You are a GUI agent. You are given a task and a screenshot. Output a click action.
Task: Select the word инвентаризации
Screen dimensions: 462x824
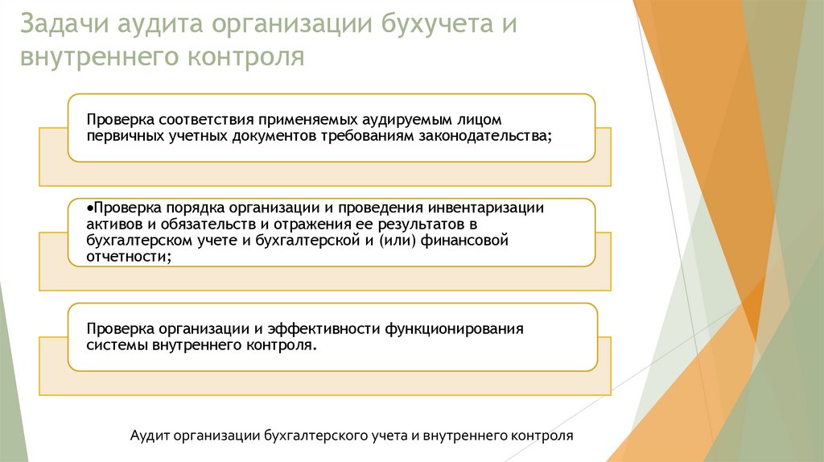(x=487, y=208)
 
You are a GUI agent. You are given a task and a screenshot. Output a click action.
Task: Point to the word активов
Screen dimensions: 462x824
(x=114, y=224)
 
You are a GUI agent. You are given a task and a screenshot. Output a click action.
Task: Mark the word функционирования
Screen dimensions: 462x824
(x=455, y=329)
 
